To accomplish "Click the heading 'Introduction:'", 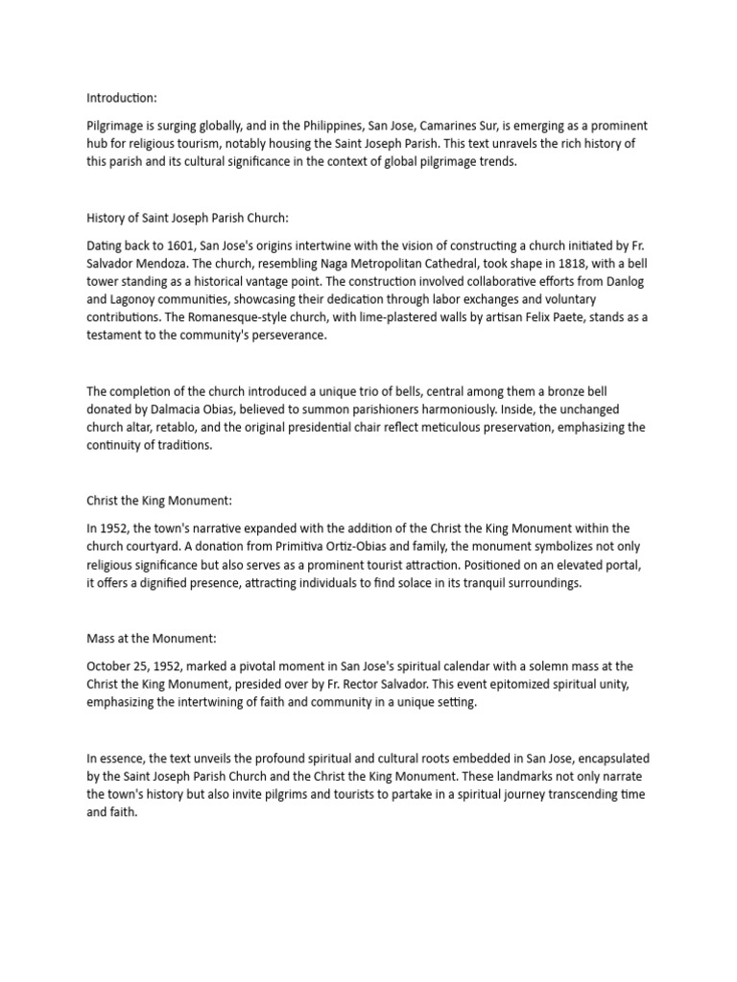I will (122, 98).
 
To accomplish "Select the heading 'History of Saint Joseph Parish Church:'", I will (186, 218).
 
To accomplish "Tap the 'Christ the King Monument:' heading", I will (159, 501).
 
